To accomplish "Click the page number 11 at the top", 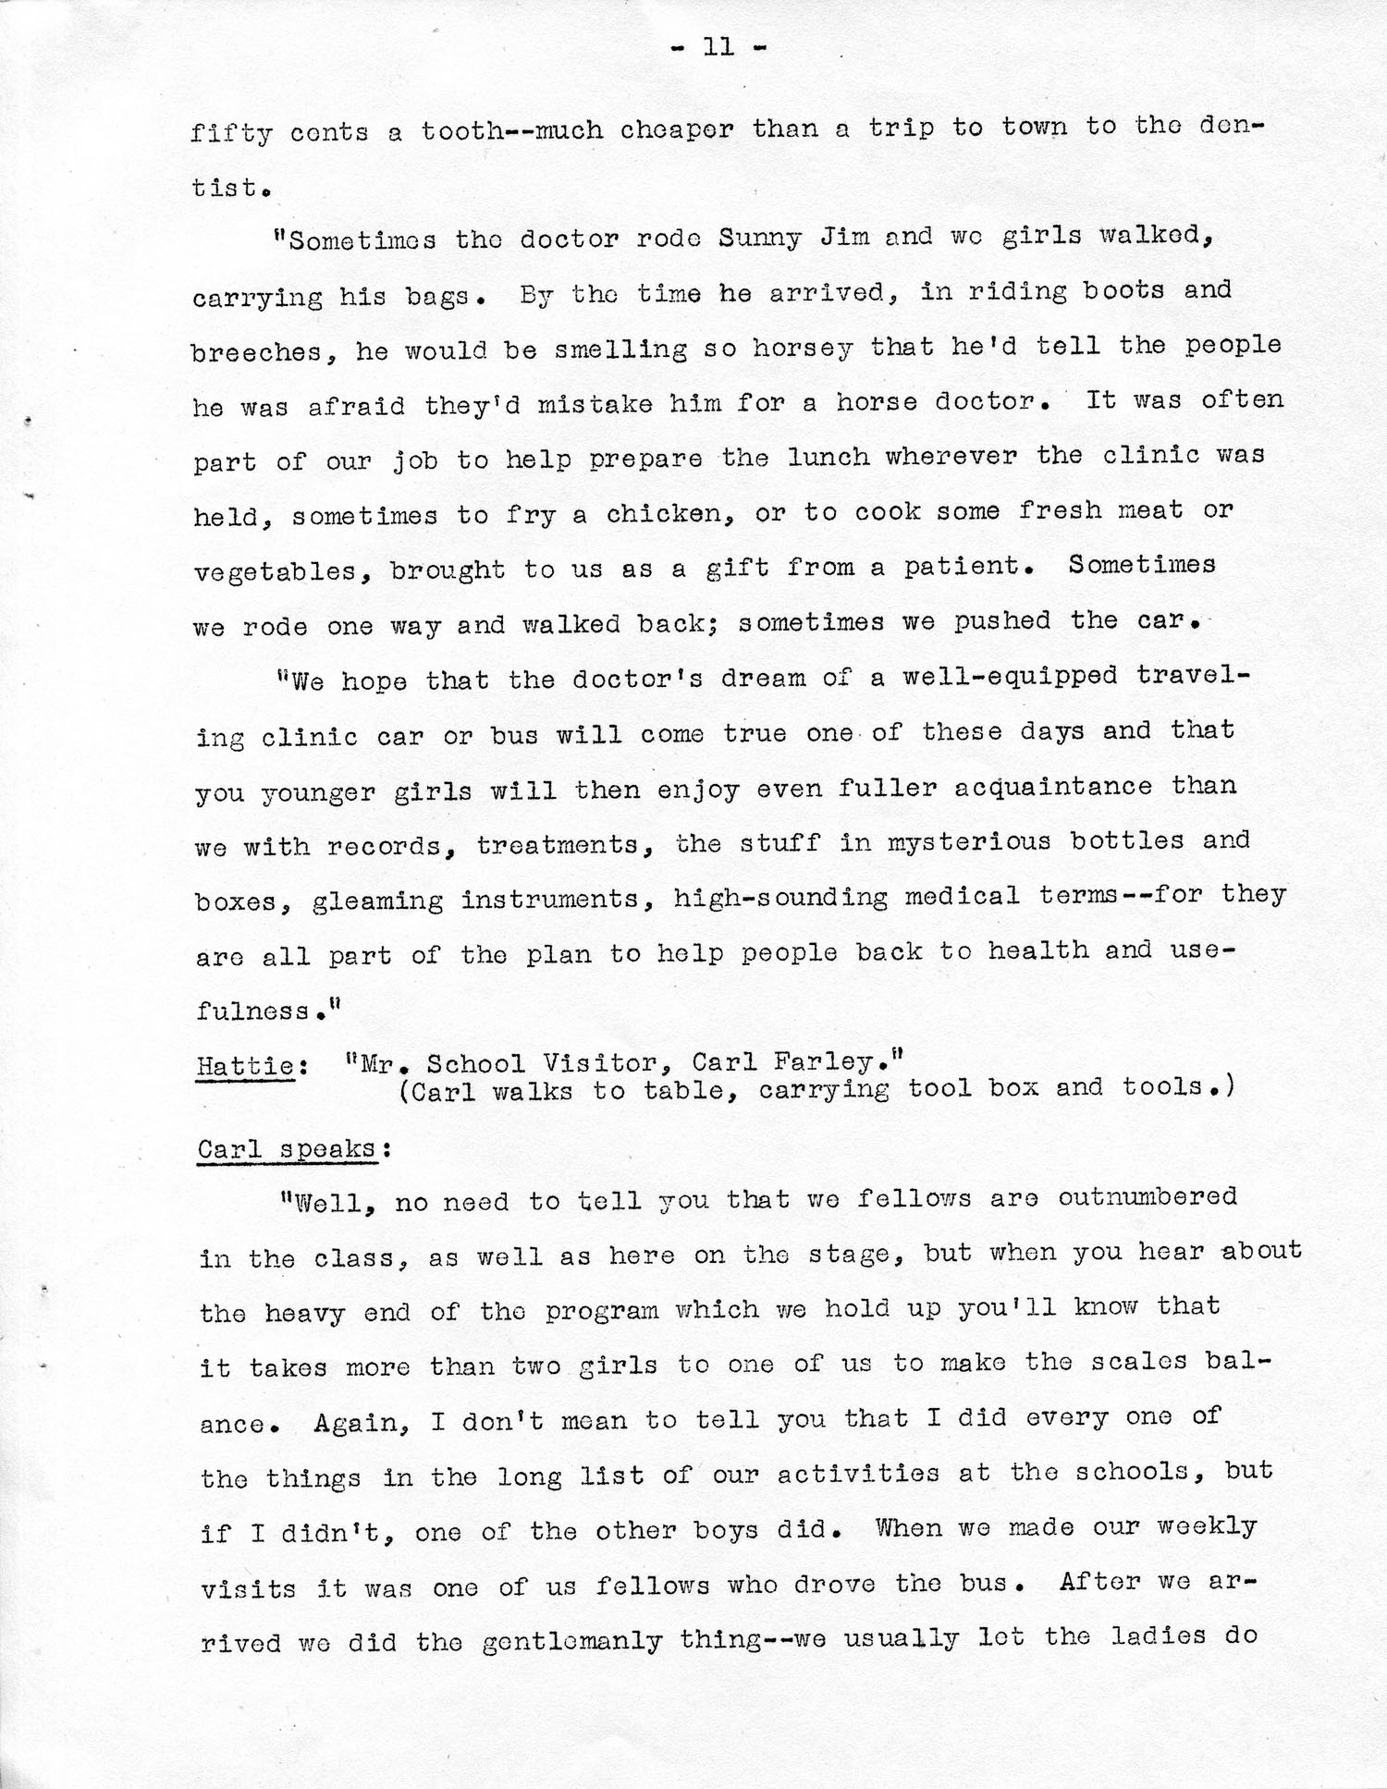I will point(718,46).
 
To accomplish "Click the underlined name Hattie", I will point(246,1065).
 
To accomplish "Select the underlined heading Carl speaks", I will point(286,1149).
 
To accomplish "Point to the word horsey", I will point(791,348).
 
